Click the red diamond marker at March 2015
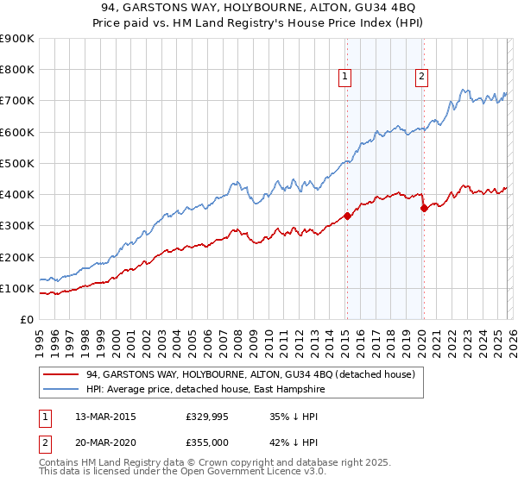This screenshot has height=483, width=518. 347,216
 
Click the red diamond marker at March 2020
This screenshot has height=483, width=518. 424,208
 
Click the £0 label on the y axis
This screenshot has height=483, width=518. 27,319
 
